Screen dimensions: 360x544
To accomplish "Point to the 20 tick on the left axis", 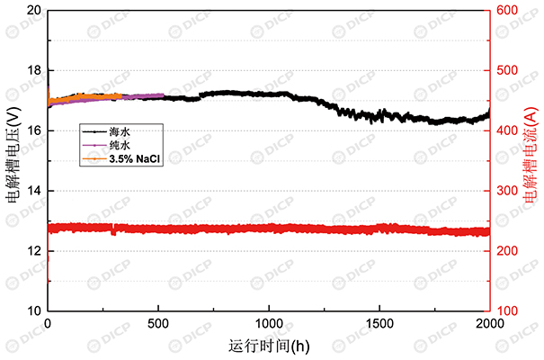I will click(x=34, y=11).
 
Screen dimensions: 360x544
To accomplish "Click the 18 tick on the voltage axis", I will click(x=34, y=70).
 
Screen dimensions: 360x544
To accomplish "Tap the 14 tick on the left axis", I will click(x=34, y=191).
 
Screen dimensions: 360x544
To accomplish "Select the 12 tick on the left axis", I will click(x=34, y=250).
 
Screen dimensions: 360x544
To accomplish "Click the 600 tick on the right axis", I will click(x=509, y=11).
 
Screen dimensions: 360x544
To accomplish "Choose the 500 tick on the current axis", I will click(x=509, y=70).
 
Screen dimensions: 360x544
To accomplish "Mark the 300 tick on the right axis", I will click(x=509, y=191).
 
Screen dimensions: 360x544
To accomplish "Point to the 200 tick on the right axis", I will click(x=509, y=250).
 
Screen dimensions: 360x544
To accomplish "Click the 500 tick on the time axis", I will click(x=158, y=322).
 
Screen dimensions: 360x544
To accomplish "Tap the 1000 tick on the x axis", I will click(x=269, y=322).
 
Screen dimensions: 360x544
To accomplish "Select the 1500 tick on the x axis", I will click(x=379, y=322).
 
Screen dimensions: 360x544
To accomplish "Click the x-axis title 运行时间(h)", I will click(x=269, y=344).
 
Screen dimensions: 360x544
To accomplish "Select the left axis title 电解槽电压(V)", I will click(x=13, y=160).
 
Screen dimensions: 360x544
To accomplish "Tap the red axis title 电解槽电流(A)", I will click(x=531, y=160).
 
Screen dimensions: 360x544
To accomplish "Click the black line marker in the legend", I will click(x=94, y=131).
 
